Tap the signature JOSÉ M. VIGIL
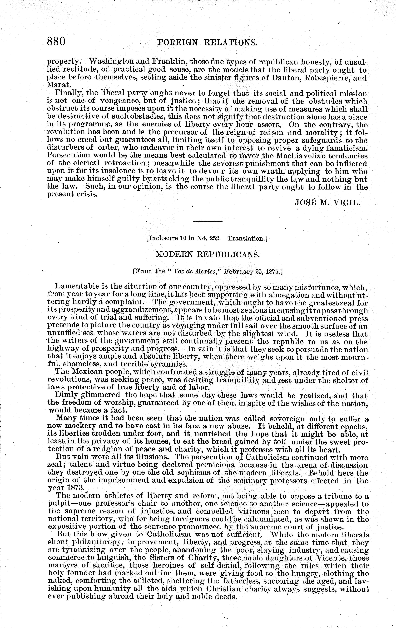(328, 203)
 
